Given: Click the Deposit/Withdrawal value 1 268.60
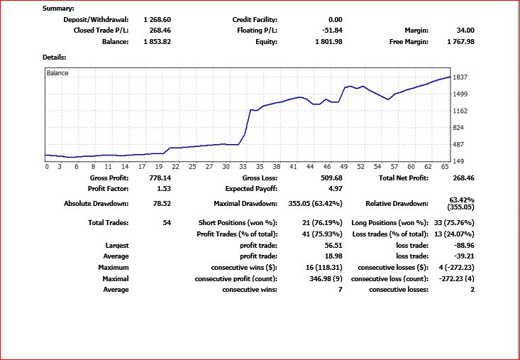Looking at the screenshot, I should [x=157, y=19].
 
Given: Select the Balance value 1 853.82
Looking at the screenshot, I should [x=157, y=42].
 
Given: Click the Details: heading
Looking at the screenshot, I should [x=55, y=57].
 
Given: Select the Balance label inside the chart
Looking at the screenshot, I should [x=57, y=72].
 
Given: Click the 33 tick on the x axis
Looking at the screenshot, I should [x=242, y=166].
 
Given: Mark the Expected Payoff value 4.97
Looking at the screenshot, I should [x=335, y=189].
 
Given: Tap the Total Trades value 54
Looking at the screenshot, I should [x=167, y=223].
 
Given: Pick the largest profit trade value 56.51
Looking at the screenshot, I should [x=333, y=245].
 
